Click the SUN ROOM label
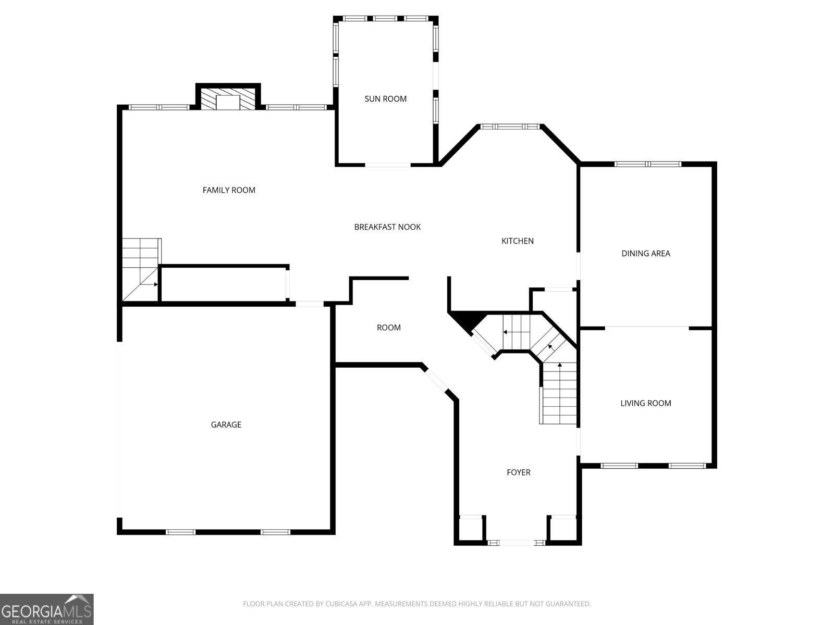pos(385,99)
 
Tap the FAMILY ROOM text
pos(229,190)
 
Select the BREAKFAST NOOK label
pos(387,227)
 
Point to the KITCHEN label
pos(518,241)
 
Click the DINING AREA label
pos(645,254)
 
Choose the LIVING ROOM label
pos(645,403)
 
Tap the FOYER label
pos(518,472)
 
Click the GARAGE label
pos(226,424)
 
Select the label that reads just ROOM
pos(389,328)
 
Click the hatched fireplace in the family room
pos(228,99)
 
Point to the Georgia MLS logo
pos(47,609)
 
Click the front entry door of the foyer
pos(517,543)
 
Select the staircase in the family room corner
pos(140,269)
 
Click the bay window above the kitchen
pos(510,127)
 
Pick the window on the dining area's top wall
pos(648,164)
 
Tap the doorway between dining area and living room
pos(647,327)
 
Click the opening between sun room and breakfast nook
pos(388,165)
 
